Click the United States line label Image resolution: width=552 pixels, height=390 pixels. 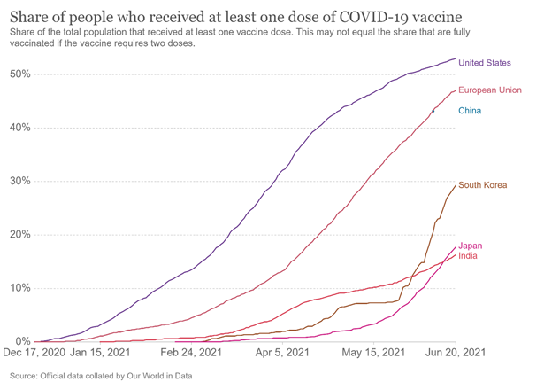pos(485,63)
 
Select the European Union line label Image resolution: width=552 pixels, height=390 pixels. pos(490,90)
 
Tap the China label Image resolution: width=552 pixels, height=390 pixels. pos(470,111)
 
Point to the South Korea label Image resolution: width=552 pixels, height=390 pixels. pos(483,185)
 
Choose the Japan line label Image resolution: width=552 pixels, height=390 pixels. pos(471,246)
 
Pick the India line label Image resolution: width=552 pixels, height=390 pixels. pos(468,255)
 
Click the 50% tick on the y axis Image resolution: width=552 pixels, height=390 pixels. pos(20,74)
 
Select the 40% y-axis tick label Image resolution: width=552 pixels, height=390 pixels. pos(20,128)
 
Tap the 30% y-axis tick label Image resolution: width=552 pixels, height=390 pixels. pos(20,181)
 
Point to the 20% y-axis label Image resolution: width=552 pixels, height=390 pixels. pos(20,235)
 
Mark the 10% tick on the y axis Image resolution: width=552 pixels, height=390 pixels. pos(20,288)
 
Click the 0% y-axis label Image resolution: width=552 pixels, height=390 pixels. pos(23,341)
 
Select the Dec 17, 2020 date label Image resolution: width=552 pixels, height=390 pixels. pos(34,352)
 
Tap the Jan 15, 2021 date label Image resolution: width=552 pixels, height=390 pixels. pos(100,352)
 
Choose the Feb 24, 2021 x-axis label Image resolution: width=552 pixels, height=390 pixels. pos(191,352)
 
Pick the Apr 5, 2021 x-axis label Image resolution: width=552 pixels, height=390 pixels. pos(282,352)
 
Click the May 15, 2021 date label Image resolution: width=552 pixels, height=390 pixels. pos(373,352)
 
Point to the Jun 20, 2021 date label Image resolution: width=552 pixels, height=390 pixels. pos(456,352)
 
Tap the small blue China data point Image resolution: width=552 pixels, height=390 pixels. pos(433,112)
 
